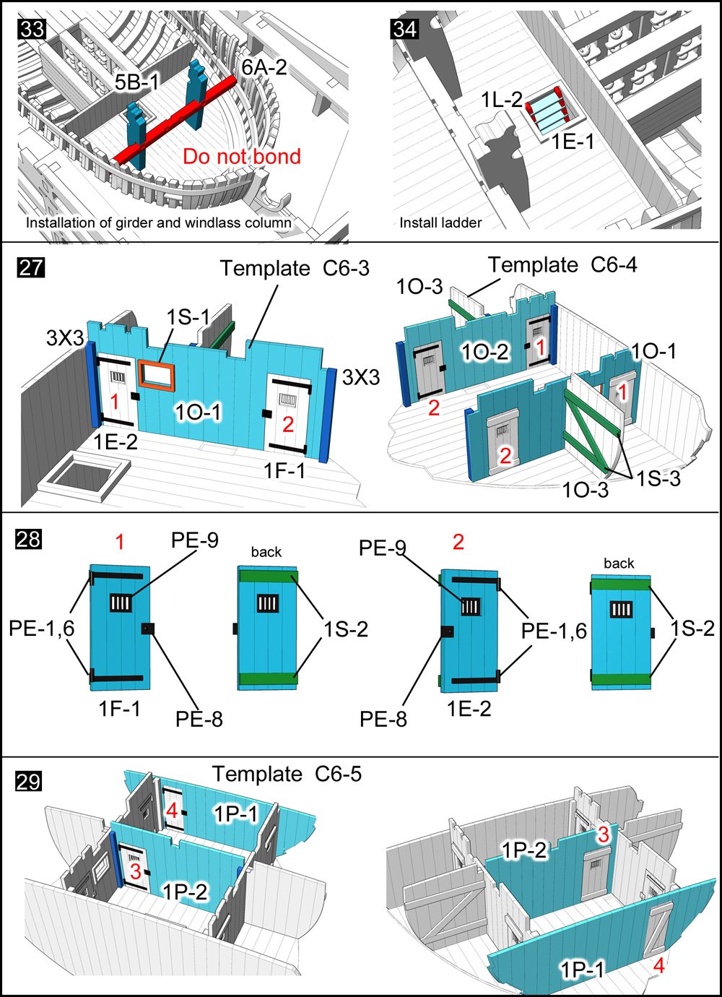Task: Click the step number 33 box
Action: [x=32, y=29]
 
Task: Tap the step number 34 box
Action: [x=404, y=29]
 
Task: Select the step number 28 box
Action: [x=29, y=539]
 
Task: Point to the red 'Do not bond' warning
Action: [x=241, y=156]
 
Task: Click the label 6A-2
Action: [x=264, y=67]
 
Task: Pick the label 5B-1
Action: [x=137, y=83]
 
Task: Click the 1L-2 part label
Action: [x=502, y=100]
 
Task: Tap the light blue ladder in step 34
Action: [x=549, y=108]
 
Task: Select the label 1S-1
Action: [x=188, y=317]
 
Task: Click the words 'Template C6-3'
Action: [x=295, y=268]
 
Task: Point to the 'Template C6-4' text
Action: [x=562, y=265]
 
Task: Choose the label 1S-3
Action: [x=658, y=478]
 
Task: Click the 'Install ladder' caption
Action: [x=440, y=223]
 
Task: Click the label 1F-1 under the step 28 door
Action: [x=120, y=709]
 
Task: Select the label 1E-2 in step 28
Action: [x=469, y=709]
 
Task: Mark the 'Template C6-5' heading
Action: [x=287, y=774]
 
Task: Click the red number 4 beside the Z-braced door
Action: [x=658, y=964]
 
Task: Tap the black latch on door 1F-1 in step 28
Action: [x=148, y=629]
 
